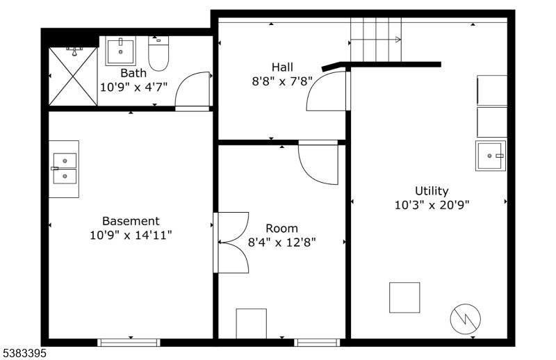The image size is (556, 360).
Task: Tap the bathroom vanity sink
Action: click(x=121, y=51)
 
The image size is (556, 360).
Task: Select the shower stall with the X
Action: click(x=73, y=76)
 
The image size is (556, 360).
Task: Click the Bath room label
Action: click(x=133, y=73)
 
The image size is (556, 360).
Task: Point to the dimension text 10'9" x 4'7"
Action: click(x=133, y=88)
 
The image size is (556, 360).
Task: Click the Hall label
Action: click(x=282, y=67)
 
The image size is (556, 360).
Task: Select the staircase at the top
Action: click(x=375, y=40)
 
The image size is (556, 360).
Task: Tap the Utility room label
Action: click(x=432, y=190)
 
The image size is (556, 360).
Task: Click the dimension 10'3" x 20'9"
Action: click(x=432, y=205)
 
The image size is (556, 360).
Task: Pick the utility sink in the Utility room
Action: click(x=491, y=156)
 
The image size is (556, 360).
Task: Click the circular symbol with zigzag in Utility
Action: click(x=466, y=318)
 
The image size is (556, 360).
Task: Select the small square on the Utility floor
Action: click(x=404, y=297)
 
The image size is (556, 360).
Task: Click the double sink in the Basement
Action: click(x=64, y=168)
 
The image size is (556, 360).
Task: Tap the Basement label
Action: click(x=131, y=221)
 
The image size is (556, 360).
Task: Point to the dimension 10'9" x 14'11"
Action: click(x=131, y=236)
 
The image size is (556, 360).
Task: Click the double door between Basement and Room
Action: click(x=231, y=243)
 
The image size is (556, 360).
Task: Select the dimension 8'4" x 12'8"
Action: click(x=282, y=243)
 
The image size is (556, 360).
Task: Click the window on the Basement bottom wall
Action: click(x=129, y=342)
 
